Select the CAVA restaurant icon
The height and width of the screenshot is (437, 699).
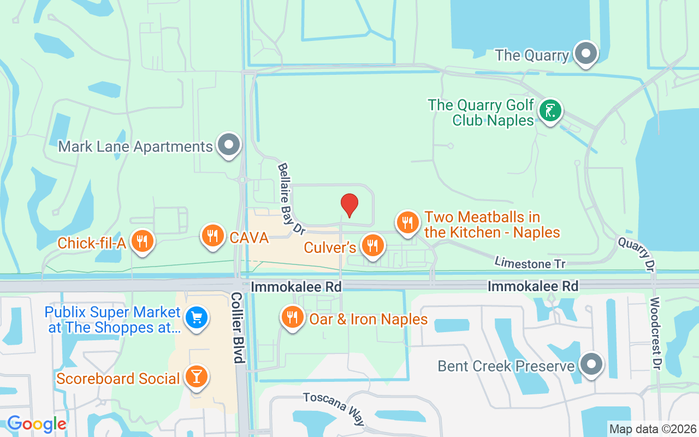(213, 235)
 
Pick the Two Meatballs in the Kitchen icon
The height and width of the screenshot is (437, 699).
(407, 222)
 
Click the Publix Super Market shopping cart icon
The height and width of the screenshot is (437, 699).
(196, 317)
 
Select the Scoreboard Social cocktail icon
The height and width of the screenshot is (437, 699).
(196, 376)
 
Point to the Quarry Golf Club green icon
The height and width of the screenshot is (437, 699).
(550, 110)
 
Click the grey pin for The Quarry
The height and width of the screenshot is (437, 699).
(587, 54)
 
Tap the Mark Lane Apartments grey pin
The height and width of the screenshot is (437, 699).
(229, 145)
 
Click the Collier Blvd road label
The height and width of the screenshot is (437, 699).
(237, 327)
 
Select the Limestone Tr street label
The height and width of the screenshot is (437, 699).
(530, 263)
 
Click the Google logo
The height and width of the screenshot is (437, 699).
(37, 424)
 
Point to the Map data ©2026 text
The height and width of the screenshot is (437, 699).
(653, 429)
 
